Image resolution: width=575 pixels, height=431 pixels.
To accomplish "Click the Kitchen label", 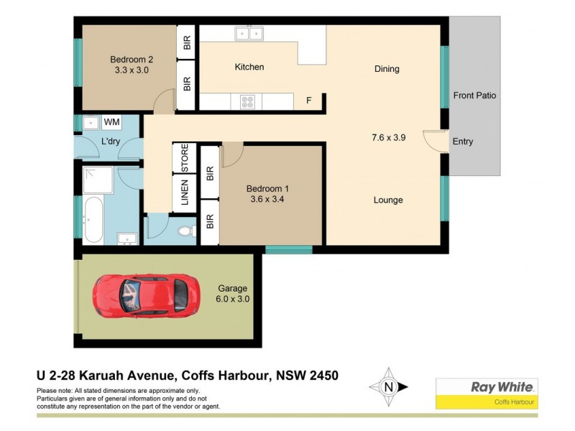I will [249, 67].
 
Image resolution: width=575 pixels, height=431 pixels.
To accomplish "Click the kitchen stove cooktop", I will [247, 101].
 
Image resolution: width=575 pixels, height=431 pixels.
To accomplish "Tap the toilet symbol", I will [185, 230].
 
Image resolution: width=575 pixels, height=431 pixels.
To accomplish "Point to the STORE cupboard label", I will [185, 158].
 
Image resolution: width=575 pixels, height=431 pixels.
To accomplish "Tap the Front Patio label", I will [474, 95].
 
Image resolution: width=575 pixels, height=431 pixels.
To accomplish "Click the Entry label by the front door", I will [463, 142].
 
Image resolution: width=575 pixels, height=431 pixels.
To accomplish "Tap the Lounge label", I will [388, 200].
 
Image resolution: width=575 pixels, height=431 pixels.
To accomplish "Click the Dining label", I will [387, 69].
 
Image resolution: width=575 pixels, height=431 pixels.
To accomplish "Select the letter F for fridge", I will [309, 101].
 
